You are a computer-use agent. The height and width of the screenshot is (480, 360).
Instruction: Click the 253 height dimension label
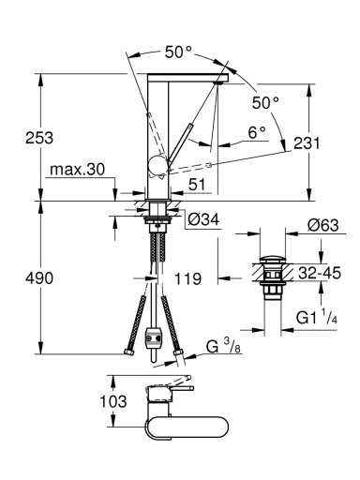click(39, 138)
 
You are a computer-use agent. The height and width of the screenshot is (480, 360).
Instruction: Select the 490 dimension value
click(39, 277)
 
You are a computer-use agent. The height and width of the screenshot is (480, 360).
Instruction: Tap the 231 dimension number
click(307, 143)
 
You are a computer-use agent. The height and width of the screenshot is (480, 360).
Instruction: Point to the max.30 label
click(78, 170)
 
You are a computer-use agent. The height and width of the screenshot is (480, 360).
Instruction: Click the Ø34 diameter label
click(203, 219)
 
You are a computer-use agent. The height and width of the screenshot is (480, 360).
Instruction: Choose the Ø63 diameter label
click(322, 225)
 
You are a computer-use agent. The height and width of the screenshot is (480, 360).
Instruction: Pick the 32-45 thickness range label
click(319, 273)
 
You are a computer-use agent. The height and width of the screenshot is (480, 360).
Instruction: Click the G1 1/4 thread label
click(317, 318)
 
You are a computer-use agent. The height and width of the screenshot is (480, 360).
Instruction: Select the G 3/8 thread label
click(224, 346)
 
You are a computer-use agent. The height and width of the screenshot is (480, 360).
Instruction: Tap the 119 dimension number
click(187, 278)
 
